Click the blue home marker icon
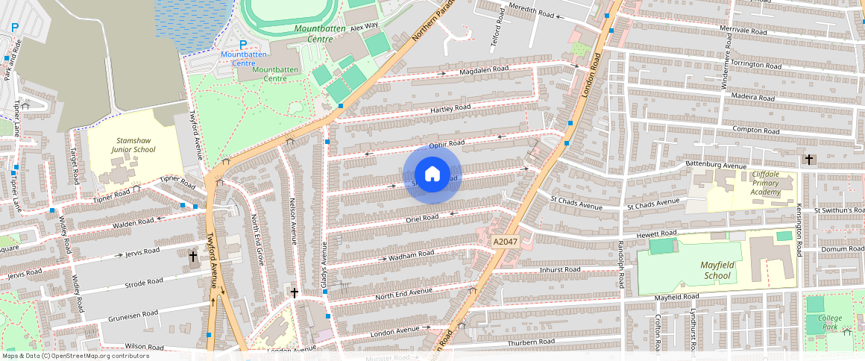[x=432, y=175]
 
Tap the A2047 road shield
[x=504, y=242]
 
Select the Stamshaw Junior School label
[x=134, y=145]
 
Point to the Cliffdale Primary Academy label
[x=767, y=183]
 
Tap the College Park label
[x=830, y=322]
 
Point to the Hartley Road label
[x=451, y=108]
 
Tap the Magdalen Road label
[x=484, y=69]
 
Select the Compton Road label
[x=755, y=129]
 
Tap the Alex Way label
[x=365, y=27]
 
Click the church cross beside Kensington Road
[x=809, y=160]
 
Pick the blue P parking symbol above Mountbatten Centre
[x=242, y=45]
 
